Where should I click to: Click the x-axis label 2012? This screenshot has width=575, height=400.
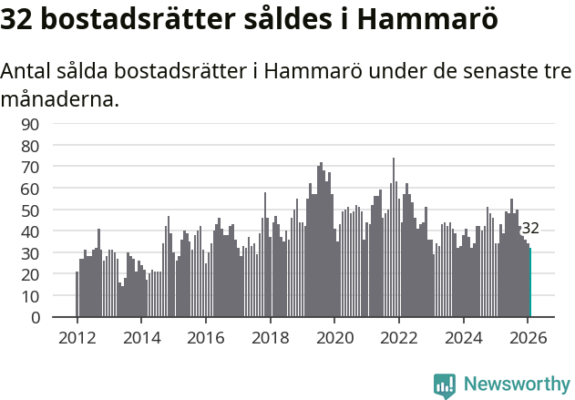click(x=77, y=337)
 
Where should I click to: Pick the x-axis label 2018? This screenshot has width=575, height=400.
click(x=270, y=337)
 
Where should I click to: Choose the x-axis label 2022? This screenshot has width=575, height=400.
click(x=398, y=337)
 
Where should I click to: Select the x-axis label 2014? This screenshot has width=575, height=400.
click(x=141, y=337)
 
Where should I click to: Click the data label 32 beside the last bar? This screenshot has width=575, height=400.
click(x=530, y=229)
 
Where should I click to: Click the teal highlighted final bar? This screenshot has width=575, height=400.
click(x=530, y=283)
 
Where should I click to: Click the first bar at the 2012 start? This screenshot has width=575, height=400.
click(x=77, y=294)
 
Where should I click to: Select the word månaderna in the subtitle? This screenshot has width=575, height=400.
click(x=60, y=98)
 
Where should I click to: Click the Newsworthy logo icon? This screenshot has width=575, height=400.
click(x=445, y=385)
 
